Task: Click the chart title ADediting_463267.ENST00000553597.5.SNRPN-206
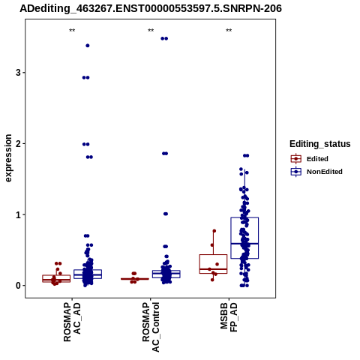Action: click(x=151, y=9)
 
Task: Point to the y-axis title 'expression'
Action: click(x=8, y=158)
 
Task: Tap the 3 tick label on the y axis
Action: click(x=18, y=73)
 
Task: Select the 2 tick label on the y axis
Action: click(x=18, y=143)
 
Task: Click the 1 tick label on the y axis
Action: click(x=18, y=214)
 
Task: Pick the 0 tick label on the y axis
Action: click(x=18, y=286)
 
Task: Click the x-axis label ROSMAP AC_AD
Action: click(x=72, y=322)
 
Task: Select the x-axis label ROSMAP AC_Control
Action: click(x=151, y=327)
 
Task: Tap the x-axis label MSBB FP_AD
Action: click(x=229, y=317)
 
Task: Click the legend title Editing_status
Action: click(x=320, y=144)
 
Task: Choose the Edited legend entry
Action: click(x=310, y=159)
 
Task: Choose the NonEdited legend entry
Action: click(x=316, y=172)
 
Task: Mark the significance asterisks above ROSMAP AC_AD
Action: click(x=72, y=31)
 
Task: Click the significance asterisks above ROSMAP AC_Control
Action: click(x=151, y=31)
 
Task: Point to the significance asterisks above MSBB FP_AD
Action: click(x=229, y=31)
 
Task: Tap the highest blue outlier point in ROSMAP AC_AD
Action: click(x=88, y=46)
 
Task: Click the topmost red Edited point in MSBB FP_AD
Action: click(x=214, y=231)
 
